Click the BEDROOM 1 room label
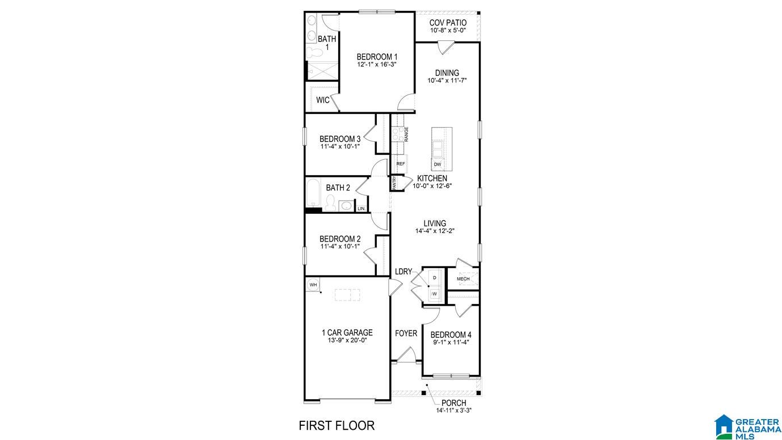tap(376, 57)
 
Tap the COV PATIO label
tap(448, 23)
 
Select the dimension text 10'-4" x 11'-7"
tap(447, 81)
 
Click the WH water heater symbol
tap(313, 284)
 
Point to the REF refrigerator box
tap(400, 164)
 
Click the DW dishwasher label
tap(437, 164)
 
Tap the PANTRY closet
tap(394, 183)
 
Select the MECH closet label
tap(463, 279)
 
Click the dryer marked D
tap(434, 278)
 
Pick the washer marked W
tap(434, 294)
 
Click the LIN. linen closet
tap(361, 208)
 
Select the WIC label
tap(322, 100)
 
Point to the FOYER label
tap(406, 333)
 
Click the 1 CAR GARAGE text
tap(347, 333)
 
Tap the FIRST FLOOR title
tap(337, 425)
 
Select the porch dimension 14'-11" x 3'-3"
tap(453, 410)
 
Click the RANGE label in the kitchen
tap(406, 134)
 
